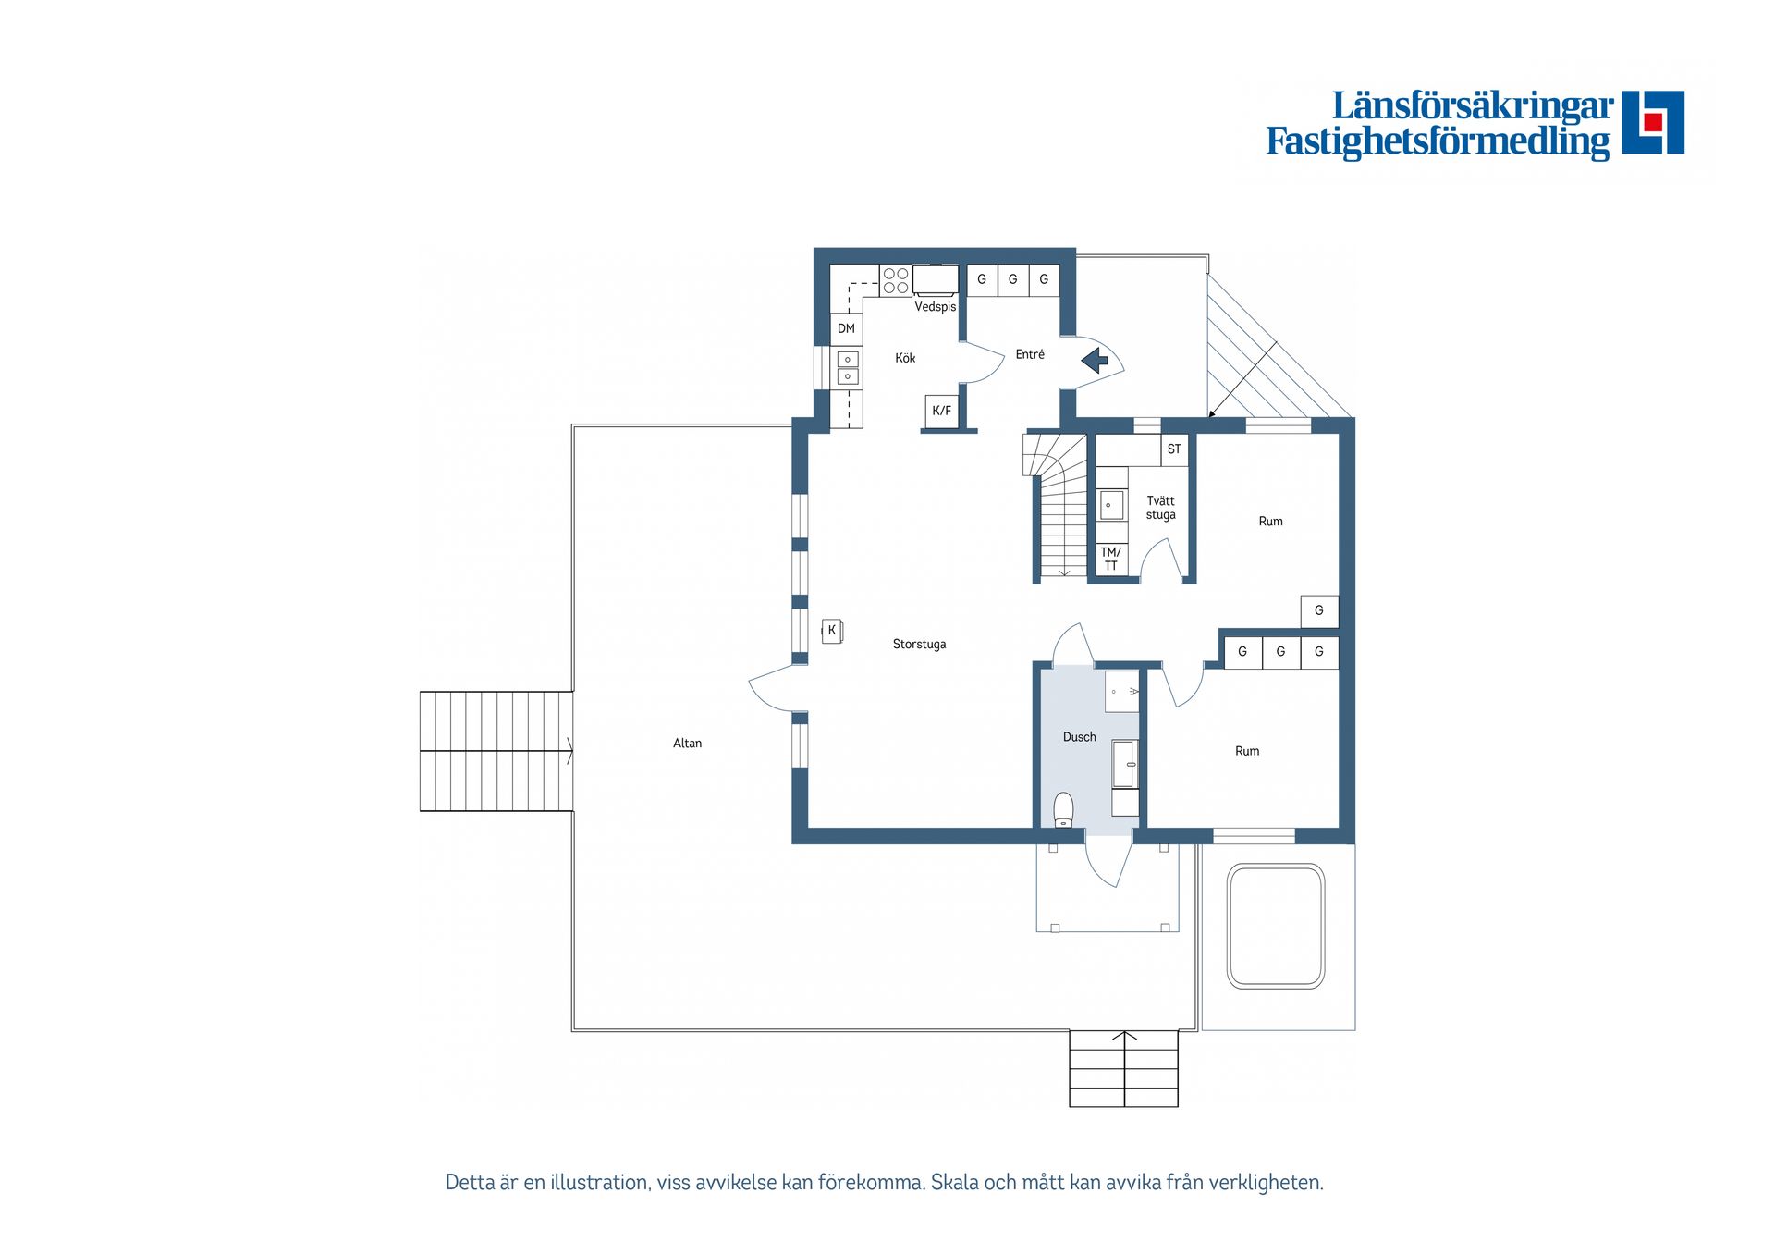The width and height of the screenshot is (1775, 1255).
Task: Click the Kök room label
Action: click(905, 358)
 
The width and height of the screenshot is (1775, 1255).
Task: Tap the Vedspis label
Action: click(935, 307)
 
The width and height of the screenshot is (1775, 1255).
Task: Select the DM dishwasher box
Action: click(846, 328)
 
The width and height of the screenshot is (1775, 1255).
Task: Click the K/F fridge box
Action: click(941, 411)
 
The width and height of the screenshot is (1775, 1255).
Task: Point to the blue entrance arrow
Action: click(1096, 360)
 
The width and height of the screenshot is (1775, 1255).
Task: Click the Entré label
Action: click(1030, 354)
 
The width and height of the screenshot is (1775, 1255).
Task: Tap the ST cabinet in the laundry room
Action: click(1174, 449)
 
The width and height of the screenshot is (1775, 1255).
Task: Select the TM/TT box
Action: click(1111, 560)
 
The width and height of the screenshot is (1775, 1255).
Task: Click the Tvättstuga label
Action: click(1160, 508)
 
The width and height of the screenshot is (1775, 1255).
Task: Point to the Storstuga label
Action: click(919, 644)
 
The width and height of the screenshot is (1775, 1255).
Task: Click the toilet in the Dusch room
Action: click(1063, 809)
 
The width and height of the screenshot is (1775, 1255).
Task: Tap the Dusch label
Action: click(1079, 737)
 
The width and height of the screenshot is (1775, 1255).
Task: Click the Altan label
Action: click(687, 743)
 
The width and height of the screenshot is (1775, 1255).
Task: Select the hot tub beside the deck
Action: click(1276, 927)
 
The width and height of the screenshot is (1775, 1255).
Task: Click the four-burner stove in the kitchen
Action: click(895, 280)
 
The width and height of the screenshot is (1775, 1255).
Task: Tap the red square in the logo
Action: click(1653, 122)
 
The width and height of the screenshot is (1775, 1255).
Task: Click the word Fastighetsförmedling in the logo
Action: click(1438, 141)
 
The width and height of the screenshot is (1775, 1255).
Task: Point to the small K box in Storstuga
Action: click(832, 631)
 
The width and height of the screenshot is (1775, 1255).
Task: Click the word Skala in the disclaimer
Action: click(953, 1182)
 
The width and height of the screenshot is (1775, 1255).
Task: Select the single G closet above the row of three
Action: click(1319, 610)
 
